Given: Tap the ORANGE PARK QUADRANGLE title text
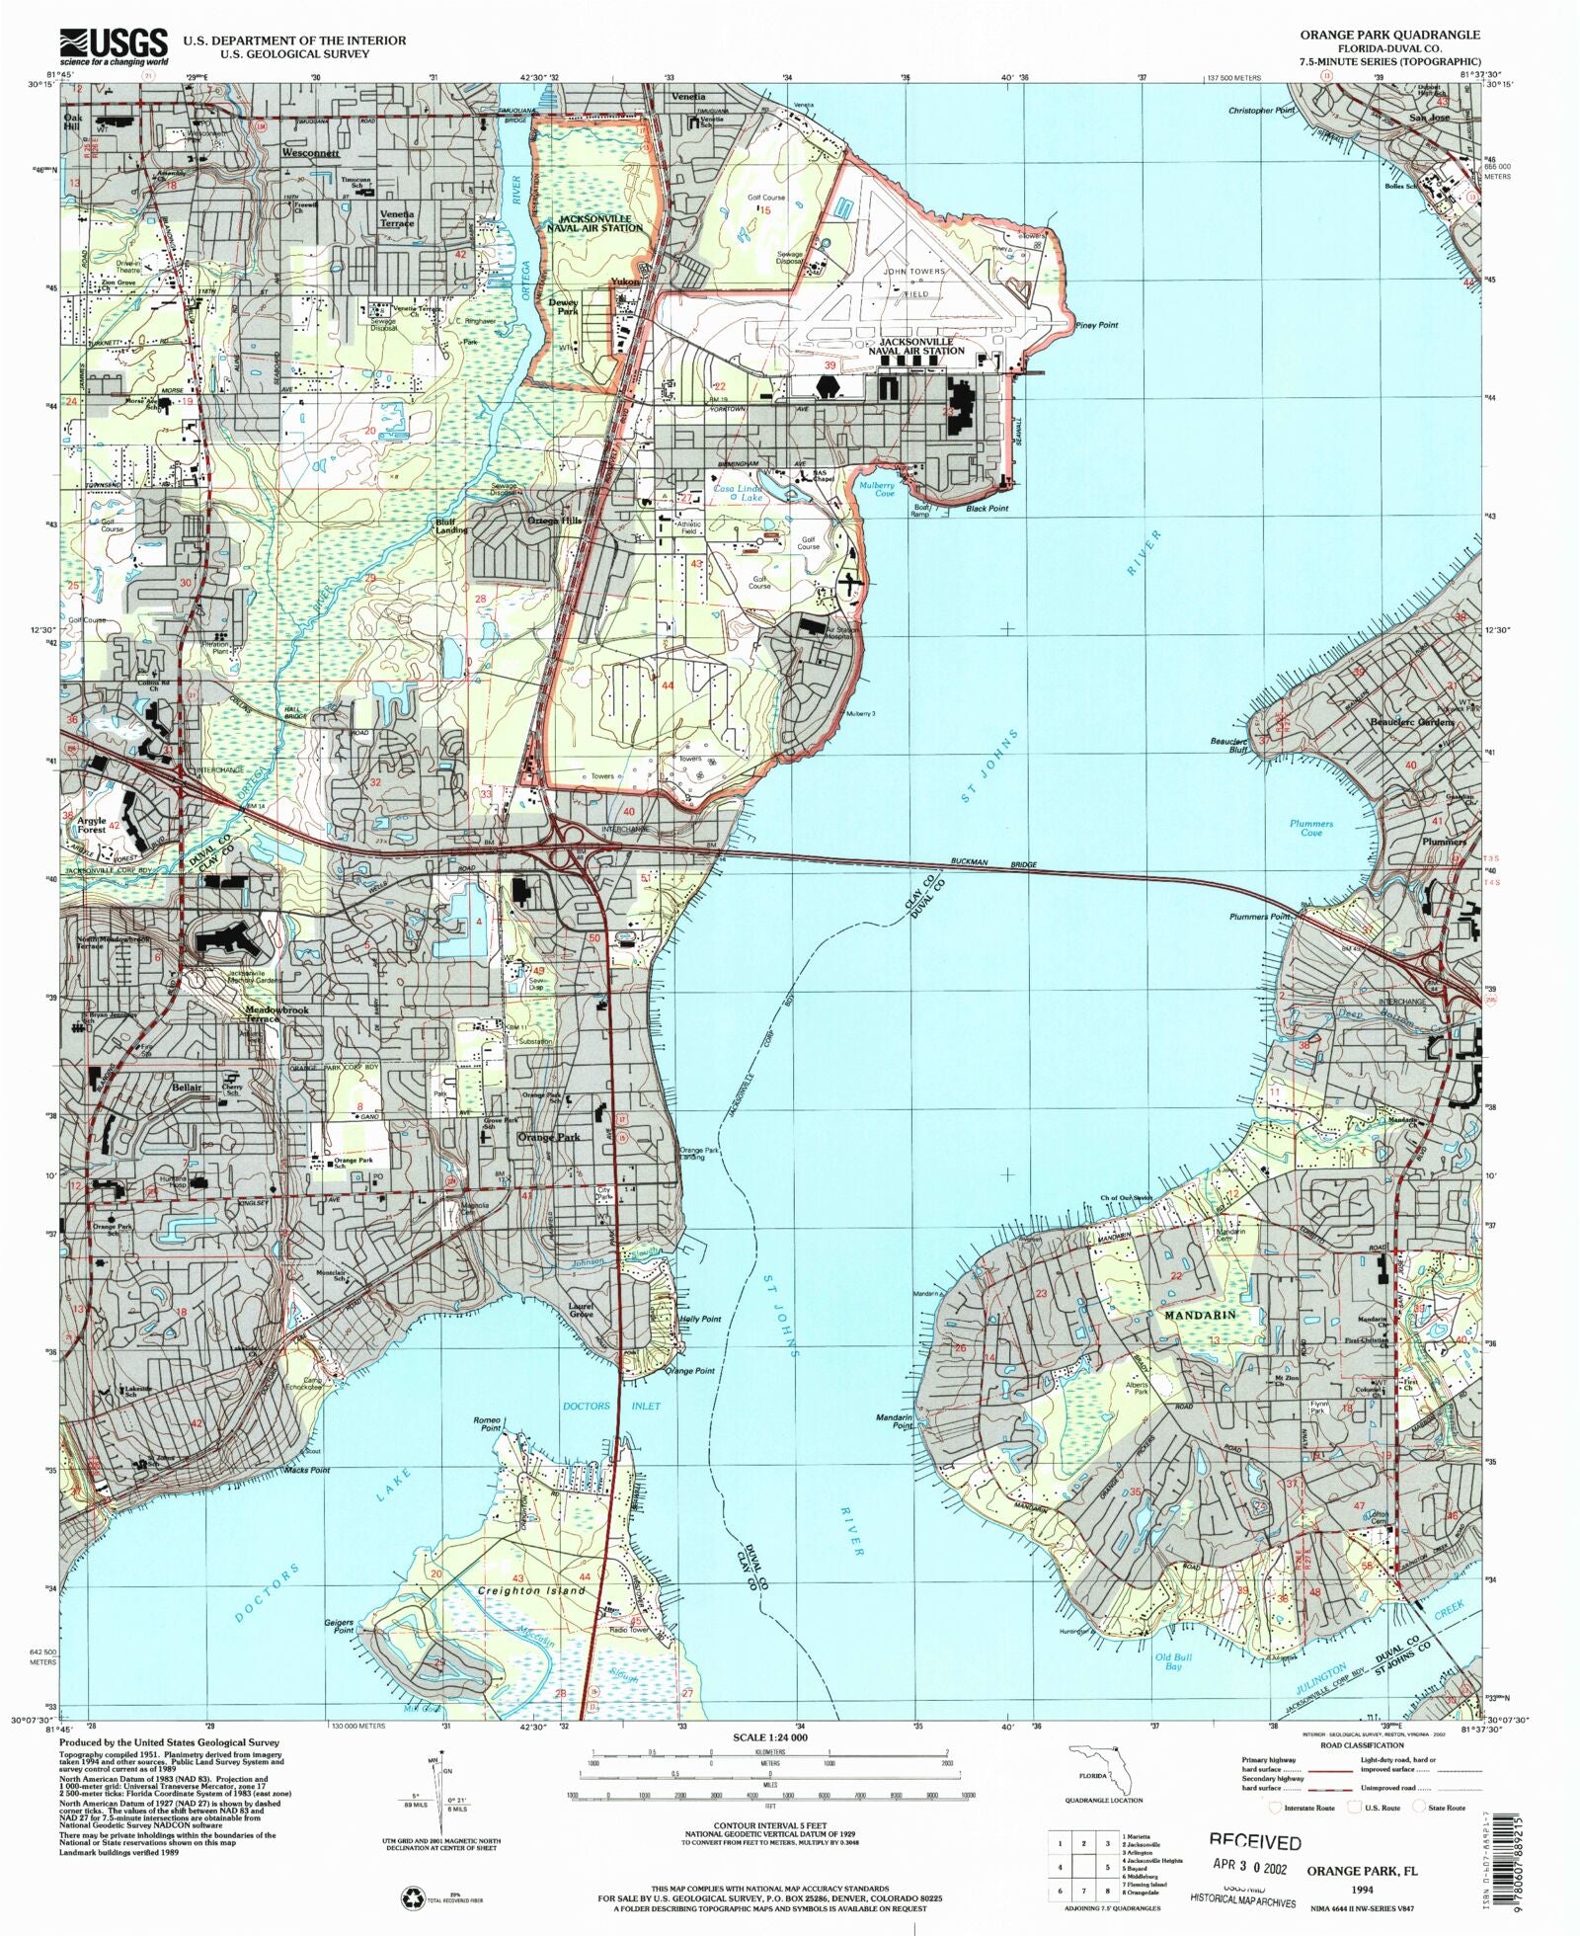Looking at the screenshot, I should [1389, 35].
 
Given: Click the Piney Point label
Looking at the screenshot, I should [1097, 325].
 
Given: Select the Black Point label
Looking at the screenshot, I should [987, 508].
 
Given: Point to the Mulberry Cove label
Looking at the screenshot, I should [876, 489].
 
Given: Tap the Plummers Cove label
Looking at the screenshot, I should [1311, 828].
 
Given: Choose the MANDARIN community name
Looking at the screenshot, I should [1200, 1316].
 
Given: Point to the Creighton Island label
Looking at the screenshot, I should [531, 1590].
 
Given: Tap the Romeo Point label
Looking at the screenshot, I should [491, 1423].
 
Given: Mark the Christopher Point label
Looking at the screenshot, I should [1261, 111].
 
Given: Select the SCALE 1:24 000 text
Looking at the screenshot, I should [770, 1736].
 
